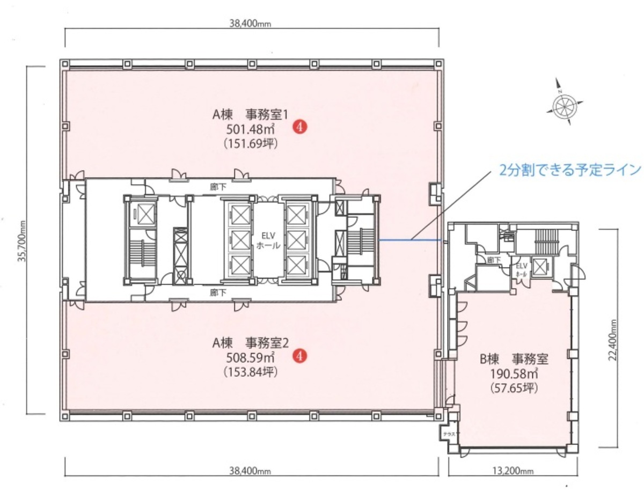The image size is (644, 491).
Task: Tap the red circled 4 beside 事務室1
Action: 299,127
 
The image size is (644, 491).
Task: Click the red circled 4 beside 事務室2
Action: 302,355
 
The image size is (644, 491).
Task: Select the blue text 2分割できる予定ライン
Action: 570,170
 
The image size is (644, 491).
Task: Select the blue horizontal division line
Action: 411,240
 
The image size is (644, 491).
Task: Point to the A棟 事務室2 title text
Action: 251,341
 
